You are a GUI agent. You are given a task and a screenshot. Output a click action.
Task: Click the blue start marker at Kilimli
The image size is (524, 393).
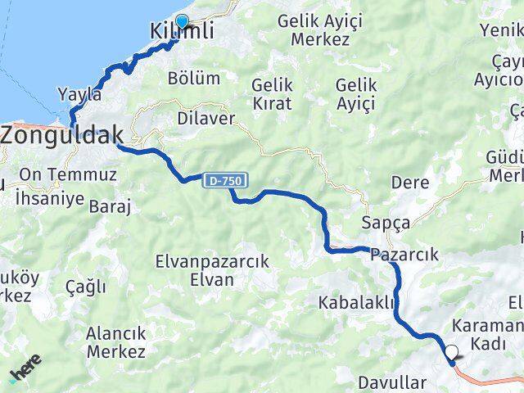pyautogui.click(x=182, y=22)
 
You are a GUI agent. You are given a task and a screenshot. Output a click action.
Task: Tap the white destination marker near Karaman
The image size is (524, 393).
pyautogui.click(x=451, y=354)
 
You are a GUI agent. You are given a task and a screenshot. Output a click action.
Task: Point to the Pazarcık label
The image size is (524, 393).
pyautogui.click(x=404, y=255)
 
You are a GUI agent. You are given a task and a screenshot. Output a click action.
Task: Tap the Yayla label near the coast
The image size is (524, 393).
pyautogui.click(x=80, y=94)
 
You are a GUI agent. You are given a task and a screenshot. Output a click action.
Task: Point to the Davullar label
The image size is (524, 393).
pyautogui.click(x=392, y=382)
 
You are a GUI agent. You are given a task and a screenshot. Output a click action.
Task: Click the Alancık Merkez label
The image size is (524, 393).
pyautogui.click(x=115, y=342)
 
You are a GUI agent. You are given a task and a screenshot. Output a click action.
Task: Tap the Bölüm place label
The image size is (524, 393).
pyautogui.click(x=193, y=79)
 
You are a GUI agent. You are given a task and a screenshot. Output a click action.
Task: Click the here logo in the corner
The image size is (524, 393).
pyautogui.click(x=25, y=375)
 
